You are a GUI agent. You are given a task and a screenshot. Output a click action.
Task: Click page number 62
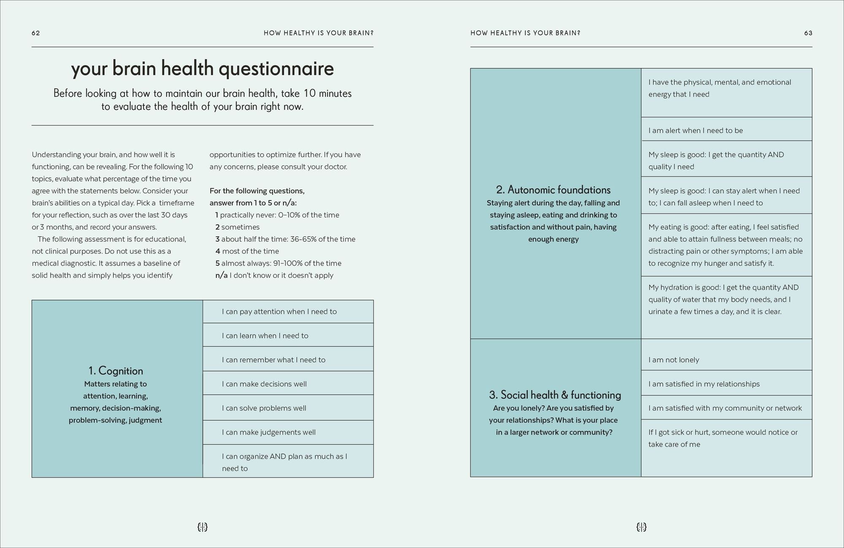[36, 33]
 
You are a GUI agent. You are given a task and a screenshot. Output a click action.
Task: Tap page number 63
[808, 33]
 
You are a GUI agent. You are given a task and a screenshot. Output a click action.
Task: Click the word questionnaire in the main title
[276, 69]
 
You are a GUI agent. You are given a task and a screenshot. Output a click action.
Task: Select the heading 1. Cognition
[116, 371]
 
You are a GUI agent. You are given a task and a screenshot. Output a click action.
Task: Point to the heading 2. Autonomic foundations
[553, 190]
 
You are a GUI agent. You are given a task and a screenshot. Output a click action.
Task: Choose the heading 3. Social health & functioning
[555, 395]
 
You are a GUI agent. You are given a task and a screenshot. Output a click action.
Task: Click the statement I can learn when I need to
[265, 336]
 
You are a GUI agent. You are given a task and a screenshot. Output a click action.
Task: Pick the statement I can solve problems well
[264, 408]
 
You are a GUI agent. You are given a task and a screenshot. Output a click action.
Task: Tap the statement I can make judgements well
[268, 432]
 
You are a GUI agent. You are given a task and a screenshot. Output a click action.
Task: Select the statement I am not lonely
[674, 360]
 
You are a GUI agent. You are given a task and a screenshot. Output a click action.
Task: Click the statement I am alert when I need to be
[695, 130]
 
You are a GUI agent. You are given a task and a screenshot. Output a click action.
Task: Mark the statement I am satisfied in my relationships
[704, 384]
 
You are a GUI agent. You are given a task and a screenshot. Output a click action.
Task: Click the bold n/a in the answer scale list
[221, 275]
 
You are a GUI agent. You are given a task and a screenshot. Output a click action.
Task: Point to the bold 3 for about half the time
[217, 239]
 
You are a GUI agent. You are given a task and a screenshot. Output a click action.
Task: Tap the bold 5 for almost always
[217, 263]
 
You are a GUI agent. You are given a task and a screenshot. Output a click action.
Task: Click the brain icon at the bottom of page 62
[203, 527]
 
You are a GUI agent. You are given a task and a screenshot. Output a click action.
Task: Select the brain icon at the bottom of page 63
[641, 527]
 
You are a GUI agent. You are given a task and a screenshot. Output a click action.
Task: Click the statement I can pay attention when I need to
[279, 312]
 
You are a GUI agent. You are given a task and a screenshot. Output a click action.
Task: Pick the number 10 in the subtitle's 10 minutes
[309, 93]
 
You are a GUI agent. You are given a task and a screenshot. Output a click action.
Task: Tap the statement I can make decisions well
[264, 384]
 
